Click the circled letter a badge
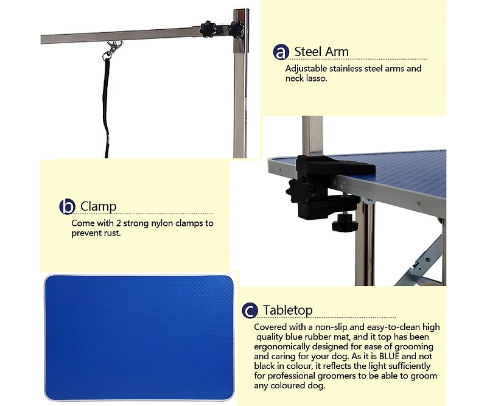pos(281,52)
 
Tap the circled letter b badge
pos(67,206)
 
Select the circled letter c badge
pos(250,310)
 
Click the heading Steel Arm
pos(321,52)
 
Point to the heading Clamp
pos(99,206)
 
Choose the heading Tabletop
pos(287,310)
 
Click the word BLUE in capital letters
pos(389,356)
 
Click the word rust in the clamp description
pos(113,233)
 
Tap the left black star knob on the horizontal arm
pos(207,29)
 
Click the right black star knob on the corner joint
pos(236,30)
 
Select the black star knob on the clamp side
pos(298,189)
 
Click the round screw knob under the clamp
pos(345,223)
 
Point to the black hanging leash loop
pos(107,107)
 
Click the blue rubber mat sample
pos(139,338)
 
